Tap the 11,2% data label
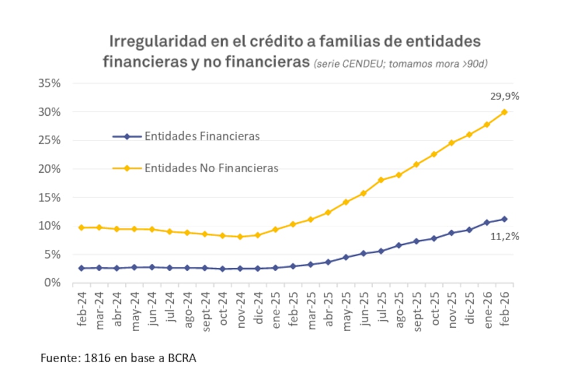point(504,236)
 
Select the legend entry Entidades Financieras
point(202,136)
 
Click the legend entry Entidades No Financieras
point(211,168)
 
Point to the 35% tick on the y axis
point(50,83)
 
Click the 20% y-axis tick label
point(50,169)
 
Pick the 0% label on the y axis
point(53,283)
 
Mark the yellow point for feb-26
point(504,112)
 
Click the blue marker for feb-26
point(504,219)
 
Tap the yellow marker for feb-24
point(81,227)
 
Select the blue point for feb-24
point(81,268)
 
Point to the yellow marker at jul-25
point(380,180)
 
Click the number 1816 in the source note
point(94,358)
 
